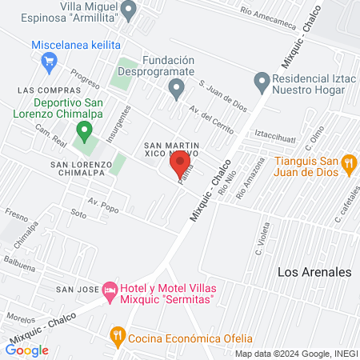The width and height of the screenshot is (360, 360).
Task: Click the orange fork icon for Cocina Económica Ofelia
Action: tap(118, 334)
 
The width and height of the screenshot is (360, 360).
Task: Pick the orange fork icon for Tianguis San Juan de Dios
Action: tap(348, 164)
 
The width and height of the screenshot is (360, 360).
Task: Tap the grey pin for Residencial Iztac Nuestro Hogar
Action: tap(261, 81)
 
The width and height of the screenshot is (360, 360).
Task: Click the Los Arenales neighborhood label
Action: tap(314, 272)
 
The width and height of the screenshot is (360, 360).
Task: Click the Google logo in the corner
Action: tap(27, 350)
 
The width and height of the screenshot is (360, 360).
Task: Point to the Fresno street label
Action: tap(16, 214)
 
